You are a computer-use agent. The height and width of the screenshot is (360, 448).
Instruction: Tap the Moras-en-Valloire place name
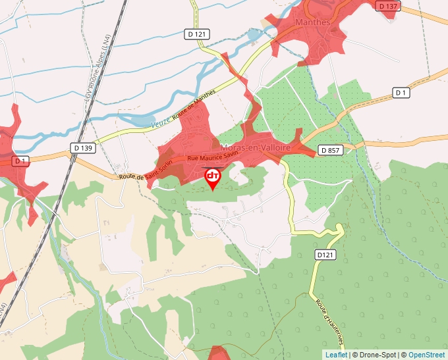256,149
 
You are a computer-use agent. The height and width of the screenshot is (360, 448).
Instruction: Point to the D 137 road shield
388,6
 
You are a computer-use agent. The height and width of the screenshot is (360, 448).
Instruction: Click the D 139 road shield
84,148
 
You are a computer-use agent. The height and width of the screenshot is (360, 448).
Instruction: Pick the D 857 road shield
330,150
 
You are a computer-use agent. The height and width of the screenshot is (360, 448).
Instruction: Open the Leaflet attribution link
335,355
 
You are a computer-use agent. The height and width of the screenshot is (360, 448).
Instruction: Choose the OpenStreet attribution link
426,355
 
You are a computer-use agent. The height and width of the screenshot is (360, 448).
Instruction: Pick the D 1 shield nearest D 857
401,93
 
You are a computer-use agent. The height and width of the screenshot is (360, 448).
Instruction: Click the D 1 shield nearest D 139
21,160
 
